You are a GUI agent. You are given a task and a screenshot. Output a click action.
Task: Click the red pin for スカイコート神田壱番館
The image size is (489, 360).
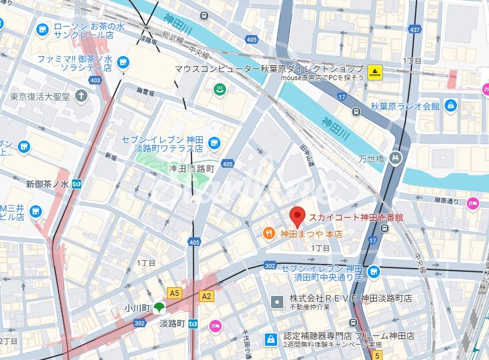tap(297, 217)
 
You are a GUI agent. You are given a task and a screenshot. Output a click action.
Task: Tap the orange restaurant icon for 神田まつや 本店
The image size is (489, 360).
tap(269, 233)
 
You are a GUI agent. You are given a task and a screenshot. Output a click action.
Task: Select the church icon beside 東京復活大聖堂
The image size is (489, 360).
tap(81, 96)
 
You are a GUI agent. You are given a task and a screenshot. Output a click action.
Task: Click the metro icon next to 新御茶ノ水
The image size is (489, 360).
tap(78, 184)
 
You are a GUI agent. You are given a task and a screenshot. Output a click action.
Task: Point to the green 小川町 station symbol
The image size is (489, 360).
tap(159, 306)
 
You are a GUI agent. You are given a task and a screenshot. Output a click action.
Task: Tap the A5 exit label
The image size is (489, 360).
tap(176, 293)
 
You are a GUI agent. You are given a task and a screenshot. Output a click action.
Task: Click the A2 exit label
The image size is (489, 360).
tap(206, 296)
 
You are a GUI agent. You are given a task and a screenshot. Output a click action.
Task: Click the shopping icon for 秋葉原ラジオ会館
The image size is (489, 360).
tap(450, 105)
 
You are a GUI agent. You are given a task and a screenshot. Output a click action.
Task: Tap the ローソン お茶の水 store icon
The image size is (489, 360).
tap(42, 28)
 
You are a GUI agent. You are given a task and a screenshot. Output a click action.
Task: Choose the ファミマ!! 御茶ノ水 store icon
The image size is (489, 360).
tap(124, 62)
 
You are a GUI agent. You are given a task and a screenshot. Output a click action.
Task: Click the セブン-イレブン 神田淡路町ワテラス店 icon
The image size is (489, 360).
tap(214, 143)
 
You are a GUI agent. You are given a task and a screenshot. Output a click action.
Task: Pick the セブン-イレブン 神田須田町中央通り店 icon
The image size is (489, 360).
tap(373, 271)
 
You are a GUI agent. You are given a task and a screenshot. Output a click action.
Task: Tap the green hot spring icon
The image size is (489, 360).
tap(218, 90)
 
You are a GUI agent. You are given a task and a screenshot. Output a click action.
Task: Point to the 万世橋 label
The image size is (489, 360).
tap(371, 159)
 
